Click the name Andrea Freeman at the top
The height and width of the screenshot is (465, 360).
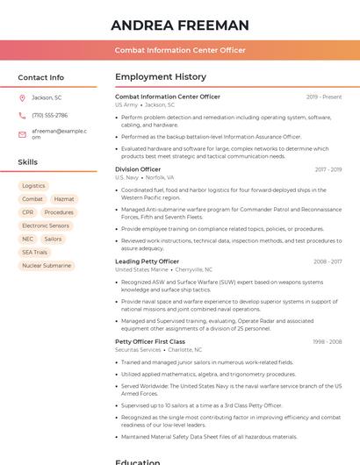pyautogui.click(x=180, y=25)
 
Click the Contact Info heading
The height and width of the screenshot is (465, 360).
pyautogui.click(x=40, y=77)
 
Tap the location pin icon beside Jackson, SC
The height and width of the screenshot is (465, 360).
pyautogui.click(x=22, y=97)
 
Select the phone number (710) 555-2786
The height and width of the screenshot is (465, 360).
pyautogui.click(x=49, y=115)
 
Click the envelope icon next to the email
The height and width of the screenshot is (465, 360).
pyautogui.click(x=22, y=133)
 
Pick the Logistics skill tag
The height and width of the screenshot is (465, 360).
pyautogui.click(x=33, y=186)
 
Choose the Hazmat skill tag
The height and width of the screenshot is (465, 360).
pyautogui.click(x=63, y=199)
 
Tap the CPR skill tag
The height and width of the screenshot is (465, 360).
pyautogui.click(x=28, y=212)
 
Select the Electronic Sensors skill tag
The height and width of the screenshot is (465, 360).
pyautogui.click(x=46, y=225)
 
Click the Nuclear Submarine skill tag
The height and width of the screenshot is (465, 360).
pyautogui.click(x=47, y=265)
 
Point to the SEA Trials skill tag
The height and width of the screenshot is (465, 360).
pyautogui.click(x=35, y=252)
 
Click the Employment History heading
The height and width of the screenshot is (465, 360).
pyautogui.click(x=161, y=77)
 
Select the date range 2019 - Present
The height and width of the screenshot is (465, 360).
pyautogui.click(x=324, y=97)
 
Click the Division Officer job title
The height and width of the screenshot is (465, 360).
pyautogui.click(x=138, y=169)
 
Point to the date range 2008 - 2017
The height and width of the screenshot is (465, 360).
pyautogui.click(x=328, y=261)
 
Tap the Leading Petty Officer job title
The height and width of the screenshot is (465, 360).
pyautogui.click(x=147, y=261)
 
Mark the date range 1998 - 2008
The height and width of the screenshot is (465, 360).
pyautogui.click(x=328, y=341)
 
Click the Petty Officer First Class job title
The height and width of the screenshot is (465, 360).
pyautogui.click(x=150, y=341)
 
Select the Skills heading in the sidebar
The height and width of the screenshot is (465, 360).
pyautogui.click(x=27, y=162)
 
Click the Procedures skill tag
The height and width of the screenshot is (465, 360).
pyautogui.click(x=59, y=212)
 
